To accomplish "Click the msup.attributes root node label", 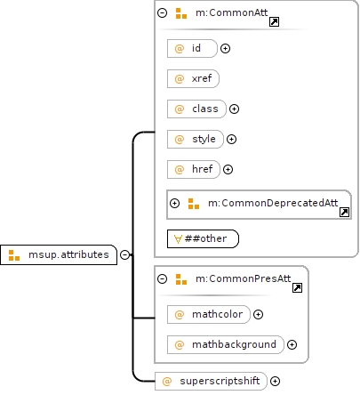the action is coord(68,254).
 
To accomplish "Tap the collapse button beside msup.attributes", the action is coord(125,254).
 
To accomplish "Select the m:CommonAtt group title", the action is coord(232,12).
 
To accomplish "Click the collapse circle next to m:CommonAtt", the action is coord(163,12).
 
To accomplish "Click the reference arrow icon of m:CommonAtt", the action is coord(274,21).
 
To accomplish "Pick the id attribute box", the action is coord(192,48).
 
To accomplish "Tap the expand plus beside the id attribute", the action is coord(226,48).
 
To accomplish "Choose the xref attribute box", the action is coord(193,78).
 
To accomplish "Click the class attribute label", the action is coord(205,109).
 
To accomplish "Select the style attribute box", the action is coord(196,139).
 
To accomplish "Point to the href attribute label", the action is coord(203,169).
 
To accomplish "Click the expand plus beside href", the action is coord(228,169).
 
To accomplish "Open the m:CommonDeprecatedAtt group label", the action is coord(273,203).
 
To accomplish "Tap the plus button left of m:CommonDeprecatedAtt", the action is coord(175,203).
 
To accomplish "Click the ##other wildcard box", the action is coord(203,238).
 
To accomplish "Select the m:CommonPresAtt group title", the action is coord(244,278).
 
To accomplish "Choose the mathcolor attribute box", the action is coord(209,314).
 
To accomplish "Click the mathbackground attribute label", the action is coord(234,344).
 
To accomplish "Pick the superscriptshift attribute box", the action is coord(211,381).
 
